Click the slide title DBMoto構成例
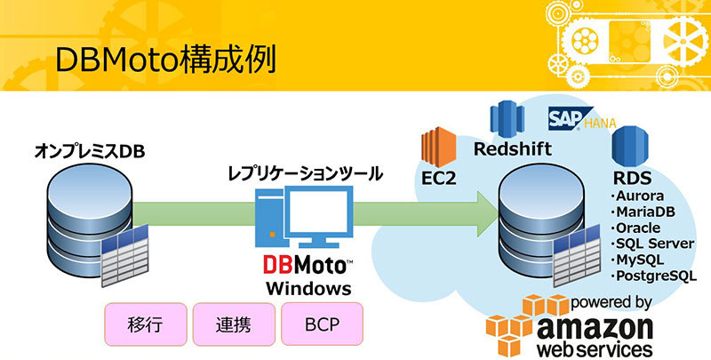166,60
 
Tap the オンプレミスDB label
90,152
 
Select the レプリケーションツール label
305,173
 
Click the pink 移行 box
146,324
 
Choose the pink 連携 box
234,324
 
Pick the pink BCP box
322,324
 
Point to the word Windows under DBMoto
308,289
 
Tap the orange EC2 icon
438,147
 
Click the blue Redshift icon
507,120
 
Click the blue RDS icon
630,146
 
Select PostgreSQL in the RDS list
653,276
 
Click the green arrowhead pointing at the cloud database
487,213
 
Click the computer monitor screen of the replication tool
320,211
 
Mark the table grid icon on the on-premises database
125,255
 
